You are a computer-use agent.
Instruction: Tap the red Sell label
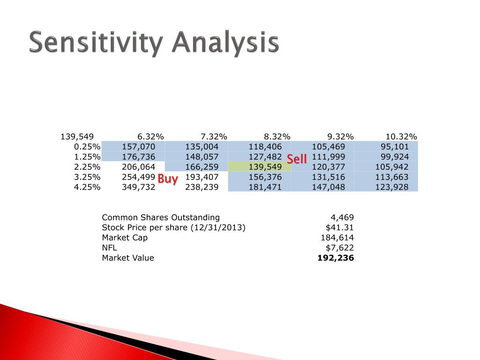pyautogui.click(x=297, y=159)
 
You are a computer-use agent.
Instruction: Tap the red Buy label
pyautogui.click(x=168, y=179)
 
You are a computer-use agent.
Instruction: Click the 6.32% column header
pyautogui.click(x=150, y=136)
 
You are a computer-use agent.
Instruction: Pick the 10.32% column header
pyautogui.click(x=401, y=136)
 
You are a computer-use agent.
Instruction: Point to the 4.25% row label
pyautogui.click(x=87, y=187)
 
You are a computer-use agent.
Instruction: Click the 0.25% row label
pyautogui.click(x=87, y=147)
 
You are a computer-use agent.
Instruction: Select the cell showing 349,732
pyautogui.click(x=138, y=187)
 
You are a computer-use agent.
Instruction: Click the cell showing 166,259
pyautogui.click(x=202, y=167)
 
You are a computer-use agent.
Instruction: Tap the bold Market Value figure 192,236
pyautogui.click(x=336, y=258)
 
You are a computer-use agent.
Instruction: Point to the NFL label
pyautogui.click(x=109, y=247)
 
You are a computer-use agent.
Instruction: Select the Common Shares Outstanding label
pyautogui.click(x=161, y=217)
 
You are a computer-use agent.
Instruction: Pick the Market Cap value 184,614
pyautogui.click(x=337, y=238)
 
